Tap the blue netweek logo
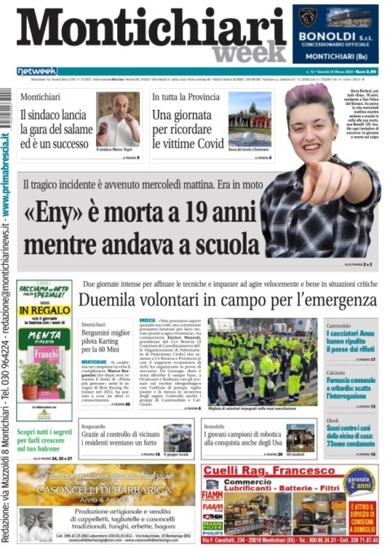point(36,72)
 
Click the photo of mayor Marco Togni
point(117,119)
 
